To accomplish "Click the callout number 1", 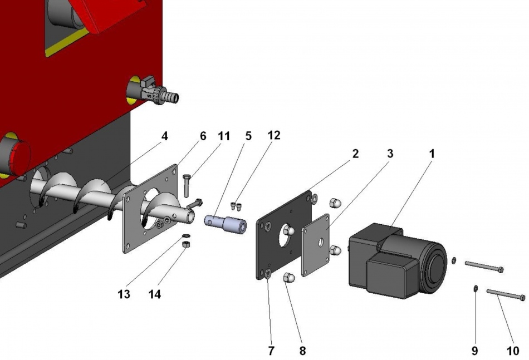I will point(432,153).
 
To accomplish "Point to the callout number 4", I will point(164,136).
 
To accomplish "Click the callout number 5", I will point(248,135).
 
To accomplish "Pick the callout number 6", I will point(203,136).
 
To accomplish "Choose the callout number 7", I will point(271,351).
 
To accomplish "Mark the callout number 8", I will point(302,351).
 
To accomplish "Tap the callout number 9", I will point(474,351).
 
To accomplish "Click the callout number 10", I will point(512,351).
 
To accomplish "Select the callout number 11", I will point(223,136).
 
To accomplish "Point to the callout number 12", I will point(273,135).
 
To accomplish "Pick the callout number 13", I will point(124,294).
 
